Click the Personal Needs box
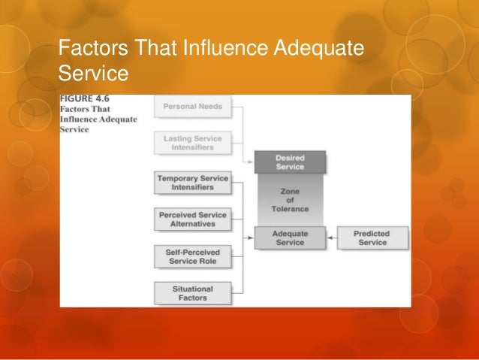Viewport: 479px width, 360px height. tap(191, 107)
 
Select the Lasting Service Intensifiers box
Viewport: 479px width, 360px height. tap(193, 143)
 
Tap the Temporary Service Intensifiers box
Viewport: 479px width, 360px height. tap(193, 183)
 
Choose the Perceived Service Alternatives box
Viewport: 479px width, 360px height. tap(193, 219)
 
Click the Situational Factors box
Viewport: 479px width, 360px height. tap(193, 293)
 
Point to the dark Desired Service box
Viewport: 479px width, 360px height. tap(289, 162)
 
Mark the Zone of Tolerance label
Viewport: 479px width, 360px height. tap(289, 200)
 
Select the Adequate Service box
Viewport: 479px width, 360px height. tap(289, 238)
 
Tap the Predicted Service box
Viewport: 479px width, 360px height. tap(372, 238)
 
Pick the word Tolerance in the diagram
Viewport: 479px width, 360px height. tap(289, 209)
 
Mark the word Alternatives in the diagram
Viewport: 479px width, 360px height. tap(193, 224)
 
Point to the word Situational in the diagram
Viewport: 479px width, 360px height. tap(193, 289)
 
